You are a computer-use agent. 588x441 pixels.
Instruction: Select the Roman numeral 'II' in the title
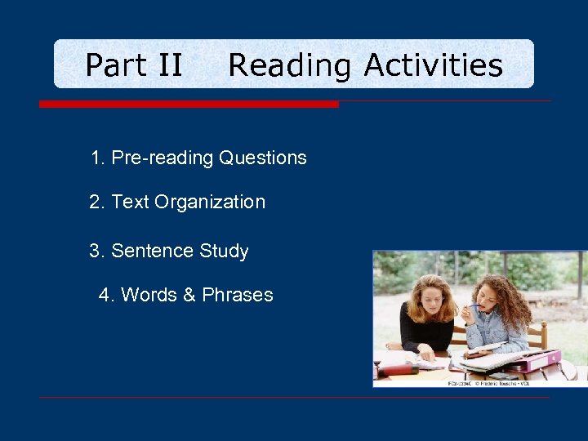[168, 65]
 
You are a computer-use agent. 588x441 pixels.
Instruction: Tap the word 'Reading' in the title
[291, 65]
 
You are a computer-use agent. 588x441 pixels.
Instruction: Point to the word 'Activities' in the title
[433, 65]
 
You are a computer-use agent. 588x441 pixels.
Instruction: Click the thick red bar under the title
[189, 105]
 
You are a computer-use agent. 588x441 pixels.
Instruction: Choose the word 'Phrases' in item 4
[237, 295]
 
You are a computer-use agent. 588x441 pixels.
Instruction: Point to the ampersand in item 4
[189, 295]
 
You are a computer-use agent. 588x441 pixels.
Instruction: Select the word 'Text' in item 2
[129, 202]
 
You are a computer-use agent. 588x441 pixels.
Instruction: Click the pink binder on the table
[531, 359]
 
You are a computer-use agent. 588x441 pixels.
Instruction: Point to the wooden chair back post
[542, 335]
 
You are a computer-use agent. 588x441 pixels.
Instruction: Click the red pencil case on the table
[400, 369]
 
